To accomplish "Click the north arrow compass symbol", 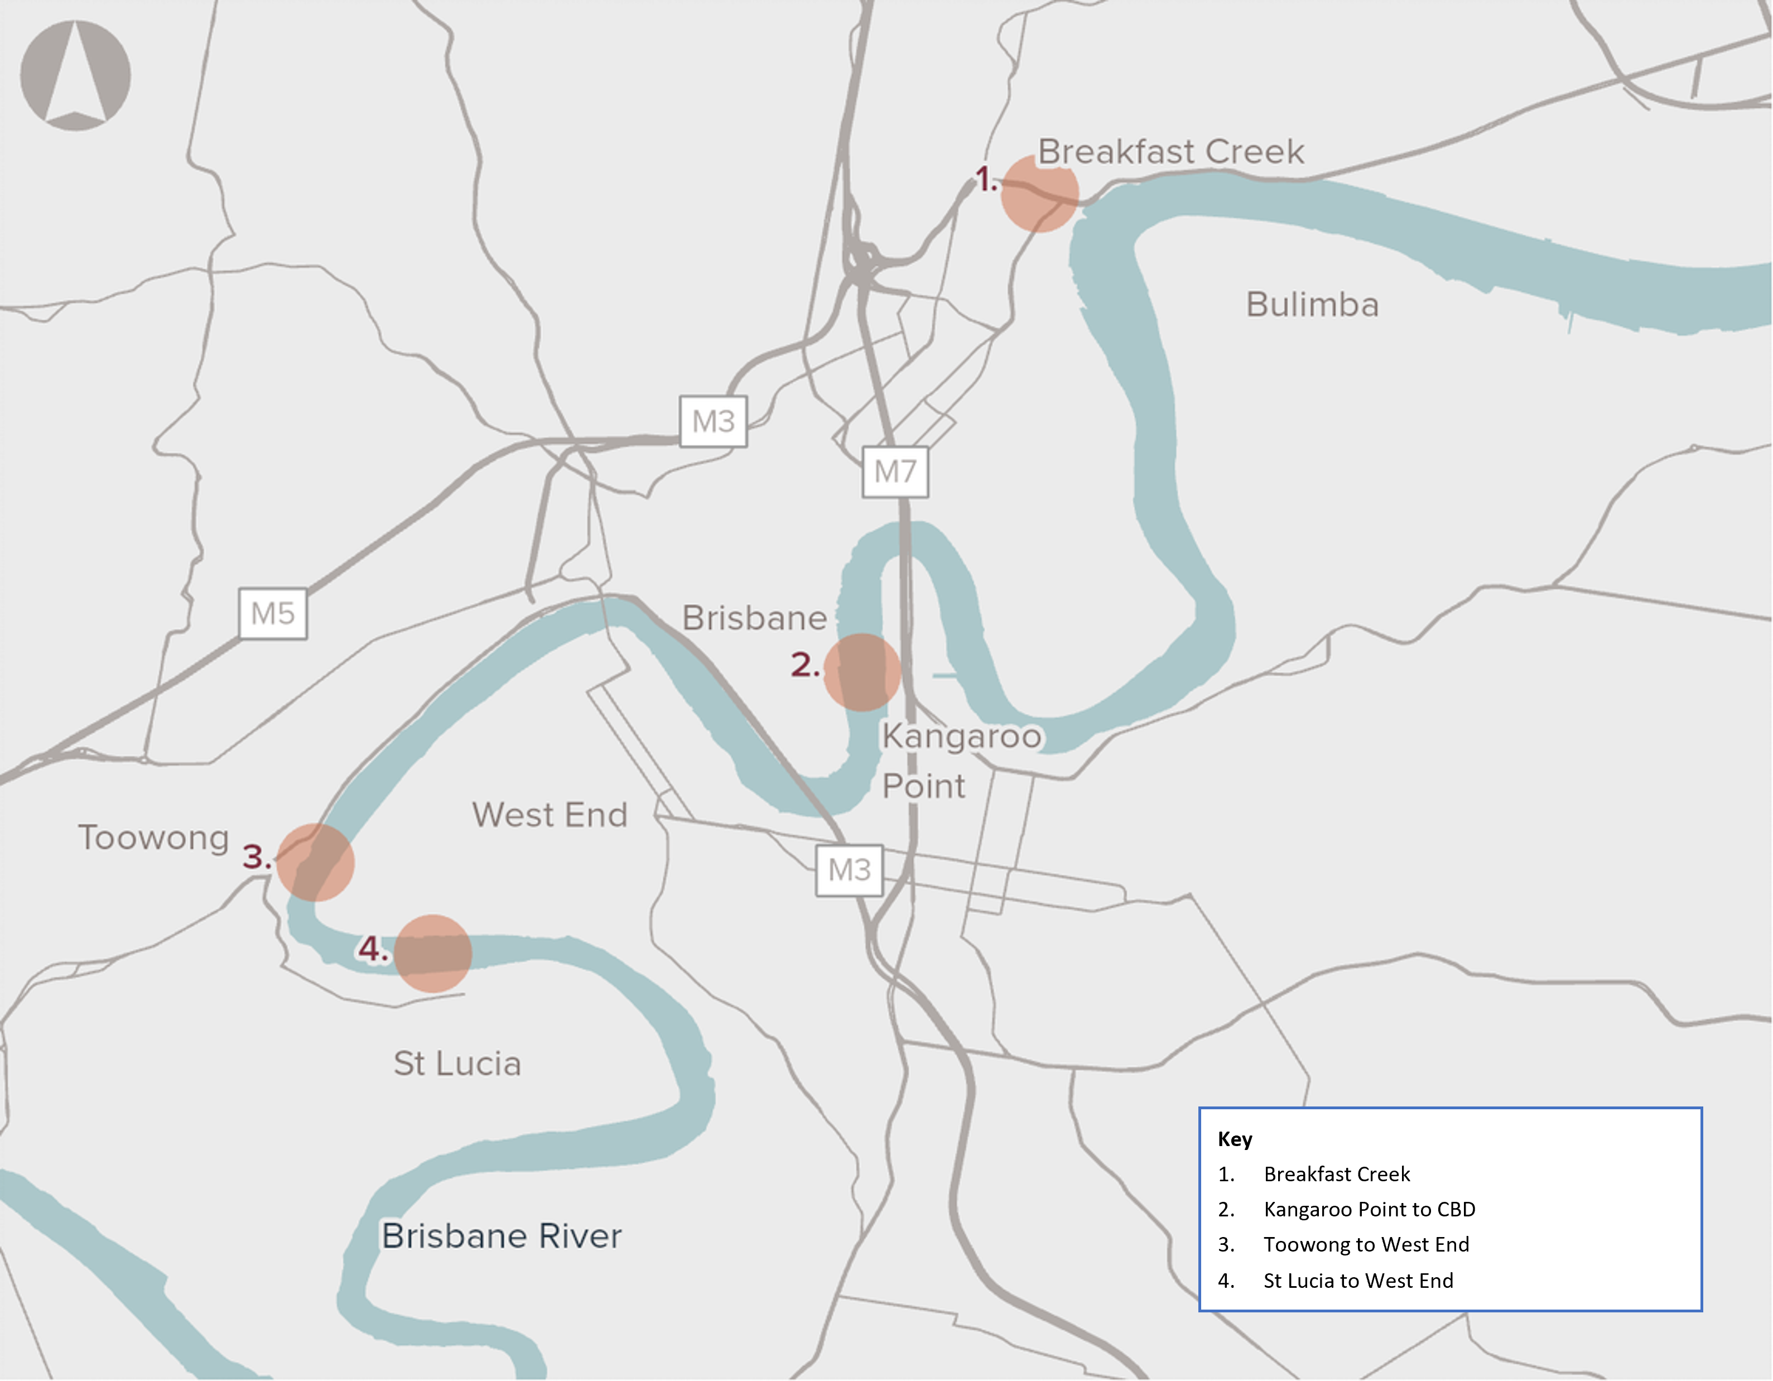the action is click(x=75, y=75).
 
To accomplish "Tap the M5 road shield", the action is click(x=273, y=614).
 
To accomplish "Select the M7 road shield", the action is click(x=895, y=471).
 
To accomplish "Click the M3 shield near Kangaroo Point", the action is click(x=849, y=870).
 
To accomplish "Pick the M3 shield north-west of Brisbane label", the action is click(x=713, y=421).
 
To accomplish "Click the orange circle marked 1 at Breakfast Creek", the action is click(x=1039, y=194).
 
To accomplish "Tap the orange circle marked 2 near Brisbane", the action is click(x=862, y=672).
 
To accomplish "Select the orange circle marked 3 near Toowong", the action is click(x=315, y=862).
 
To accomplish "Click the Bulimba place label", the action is click(x=1312, y=305).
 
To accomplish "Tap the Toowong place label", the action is click(x=153, y=838).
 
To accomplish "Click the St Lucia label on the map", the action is click(x=457, y=1064).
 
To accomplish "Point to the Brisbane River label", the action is click(x=502, y=1236).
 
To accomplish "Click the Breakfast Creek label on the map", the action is click(x=1170, y=152).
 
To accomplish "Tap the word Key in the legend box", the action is click(x=1234, y=1139).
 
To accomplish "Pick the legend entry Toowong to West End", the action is click(x=1366, y=1245).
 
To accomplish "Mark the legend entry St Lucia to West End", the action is click(x=1357, y=1281).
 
